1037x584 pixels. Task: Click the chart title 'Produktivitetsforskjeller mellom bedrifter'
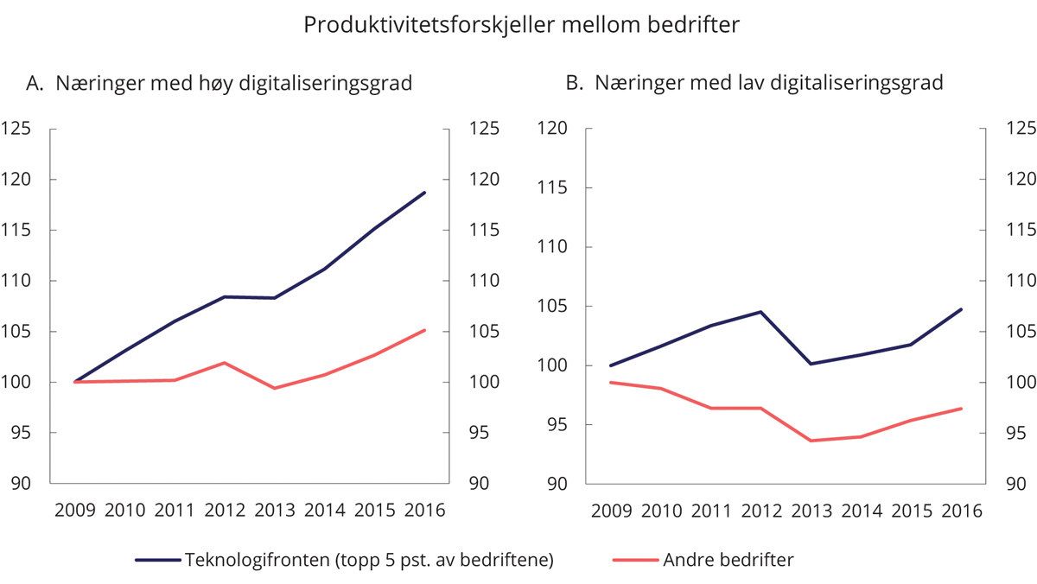pos(522,26)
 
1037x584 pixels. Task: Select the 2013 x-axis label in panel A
pos(276,510)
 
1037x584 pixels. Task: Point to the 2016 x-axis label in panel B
pos(962,510)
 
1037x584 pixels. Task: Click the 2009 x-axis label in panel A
pos(75,510)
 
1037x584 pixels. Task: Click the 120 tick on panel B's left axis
pos(552,129)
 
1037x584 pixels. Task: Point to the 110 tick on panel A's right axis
pos(483,281)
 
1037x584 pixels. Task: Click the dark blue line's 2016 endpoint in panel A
pos(426,192)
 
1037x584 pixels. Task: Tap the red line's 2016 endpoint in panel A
pos(426,329)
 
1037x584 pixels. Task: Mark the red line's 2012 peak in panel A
pos(225,363)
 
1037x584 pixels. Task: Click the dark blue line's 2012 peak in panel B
pos(760,311)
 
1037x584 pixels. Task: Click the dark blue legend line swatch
pos(156,559)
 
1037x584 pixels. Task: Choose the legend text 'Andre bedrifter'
pos(728,559)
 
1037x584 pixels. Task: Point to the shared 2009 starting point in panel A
pos(75,382)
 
